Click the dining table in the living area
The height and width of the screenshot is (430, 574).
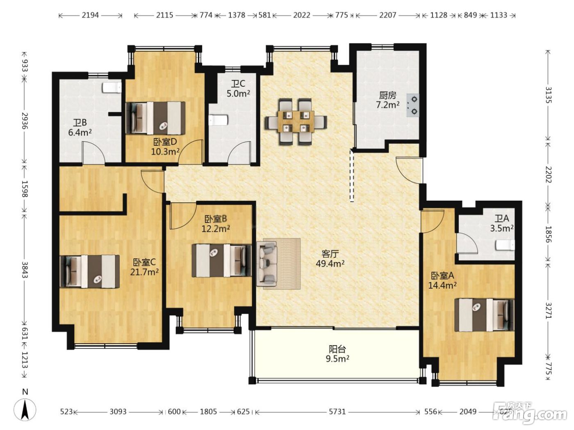(296, 121)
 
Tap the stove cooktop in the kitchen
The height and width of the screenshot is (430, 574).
(412, 106)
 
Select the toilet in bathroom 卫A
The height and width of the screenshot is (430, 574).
(505, 245)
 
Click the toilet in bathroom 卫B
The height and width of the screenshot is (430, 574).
(112, 88)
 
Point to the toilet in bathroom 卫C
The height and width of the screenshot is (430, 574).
(219, 120)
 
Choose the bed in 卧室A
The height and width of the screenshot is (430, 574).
(484, 315)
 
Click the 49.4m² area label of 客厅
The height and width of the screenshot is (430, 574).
(330, 264)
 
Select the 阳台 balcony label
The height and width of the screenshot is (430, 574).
(337, 349)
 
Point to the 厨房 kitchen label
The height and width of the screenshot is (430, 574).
(387, 95)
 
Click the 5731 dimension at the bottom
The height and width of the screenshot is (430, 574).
(337, 412)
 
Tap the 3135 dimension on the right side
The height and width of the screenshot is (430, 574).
(548, 95)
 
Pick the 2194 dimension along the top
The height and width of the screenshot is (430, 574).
(90, 15)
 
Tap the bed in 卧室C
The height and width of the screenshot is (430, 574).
(90, 272)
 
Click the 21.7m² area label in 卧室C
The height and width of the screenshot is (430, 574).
(144, 272)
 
